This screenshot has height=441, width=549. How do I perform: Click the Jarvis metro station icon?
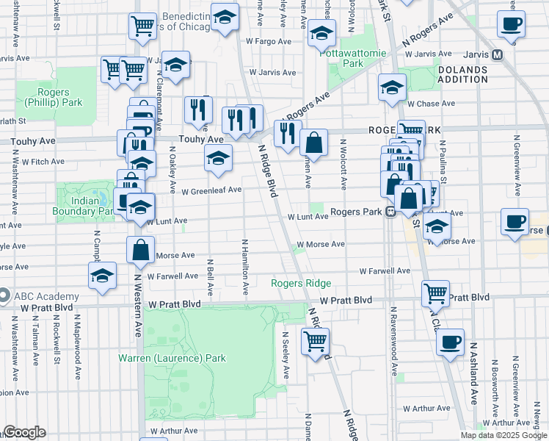click(497, 54)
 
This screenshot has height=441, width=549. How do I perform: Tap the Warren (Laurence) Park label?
click(172, 359)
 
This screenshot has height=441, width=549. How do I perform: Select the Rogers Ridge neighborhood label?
click(301, 283)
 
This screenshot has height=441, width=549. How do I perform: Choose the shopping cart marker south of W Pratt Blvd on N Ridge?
click(315, 340)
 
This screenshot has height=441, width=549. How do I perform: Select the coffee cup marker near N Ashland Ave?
click(450, 341)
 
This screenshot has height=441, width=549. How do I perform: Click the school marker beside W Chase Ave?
click(393, 87)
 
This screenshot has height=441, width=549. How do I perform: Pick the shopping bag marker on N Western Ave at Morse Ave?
click(140, 249)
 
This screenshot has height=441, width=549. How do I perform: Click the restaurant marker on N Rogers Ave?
click(287, 132)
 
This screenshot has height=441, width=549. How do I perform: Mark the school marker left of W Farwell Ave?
click(102, 276)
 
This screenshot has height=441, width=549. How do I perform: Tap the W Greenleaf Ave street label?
click(212, 190)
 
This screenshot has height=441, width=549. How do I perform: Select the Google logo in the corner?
click(23, 432)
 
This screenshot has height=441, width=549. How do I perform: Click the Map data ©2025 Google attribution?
click(503, 435)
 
